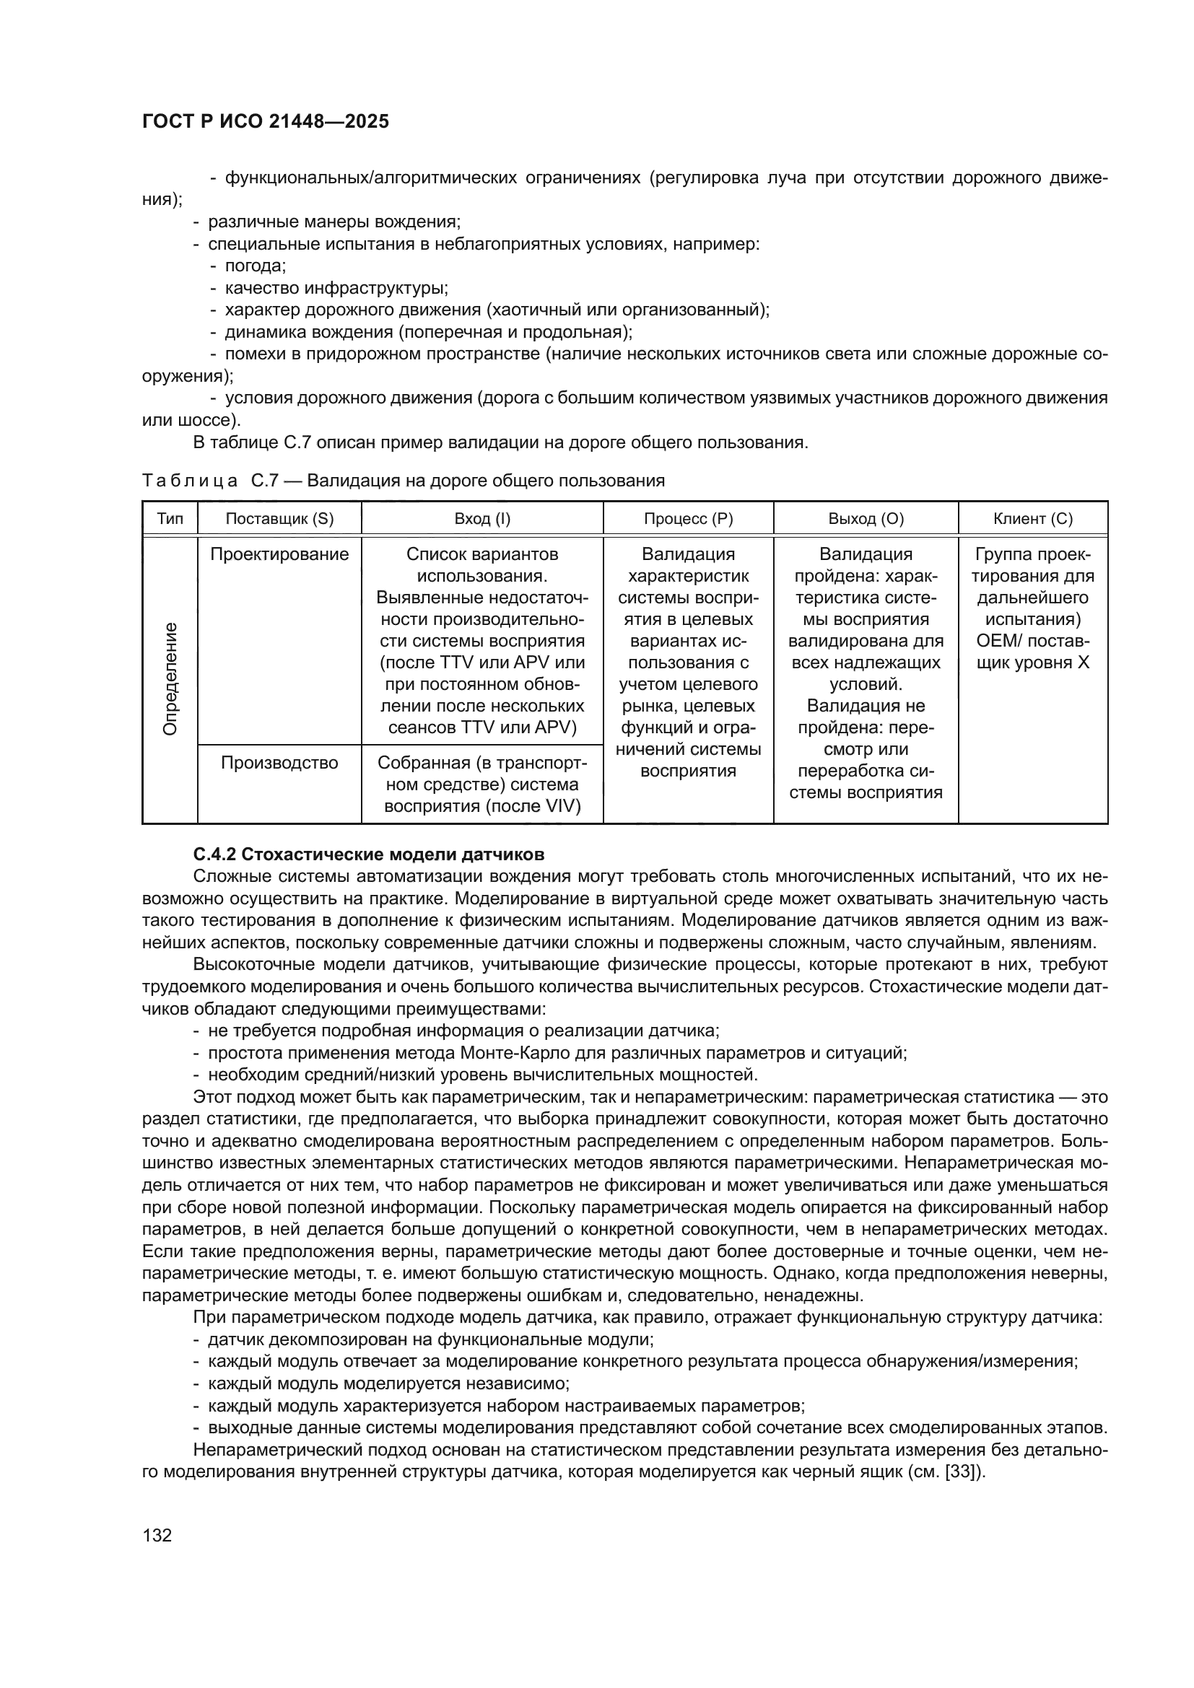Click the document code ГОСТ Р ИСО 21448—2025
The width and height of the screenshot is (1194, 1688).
266,121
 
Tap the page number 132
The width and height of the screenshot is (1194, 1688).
157,1535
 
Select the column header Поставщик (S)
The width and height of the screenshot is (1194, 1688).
279,518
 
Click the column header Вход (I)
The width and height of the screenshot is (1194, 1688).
482,518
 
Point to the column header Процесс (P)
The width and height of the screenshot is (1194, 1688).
688,518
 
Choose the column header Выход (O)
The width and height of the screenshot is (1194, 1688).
866,518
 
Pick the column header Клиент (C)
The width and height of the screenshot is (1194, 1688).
1033,518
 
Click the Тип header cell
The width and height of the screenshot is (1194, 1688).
170,518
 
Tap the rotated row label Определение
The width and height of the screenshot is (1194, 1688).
170,678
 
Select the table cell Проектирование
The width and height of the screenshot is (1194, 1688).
279,554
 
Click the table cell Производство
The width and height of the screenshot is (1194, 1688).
279,763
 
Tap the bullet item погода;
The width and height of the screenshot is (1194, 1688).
255,266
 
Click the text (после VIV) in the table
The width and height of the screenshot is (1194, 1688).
533,807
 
